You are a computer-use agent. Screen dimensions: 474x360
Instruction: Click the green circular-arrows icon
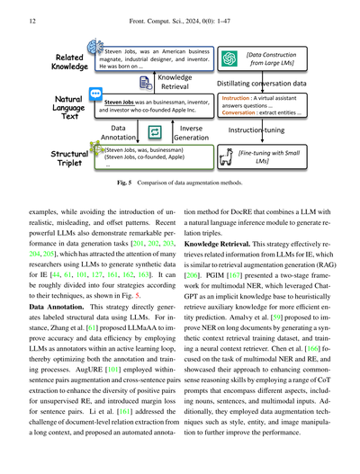155,131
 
